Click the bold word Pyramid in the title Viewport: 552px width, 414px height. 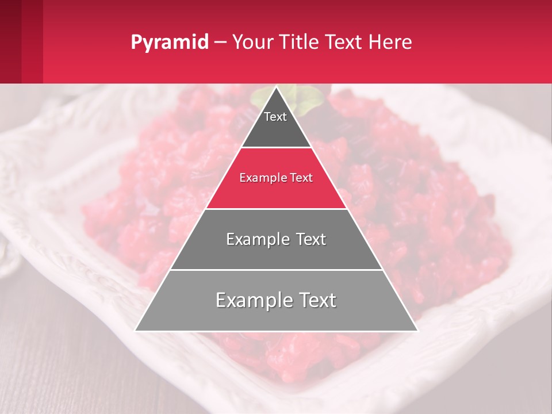pyautogui.click(x=170, y=43)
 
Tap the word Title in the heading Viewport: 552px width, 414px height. pyautogui.click(x=301, y=42)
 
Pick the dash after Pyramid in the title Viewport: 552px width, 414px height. pyautogui.click(x=220, y=43)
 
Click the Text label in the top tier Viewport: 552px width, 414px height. pyautogui.click(x=275, y=117)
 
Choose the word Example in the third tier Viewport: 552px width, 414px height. pyautogui.click(x=255, y=239)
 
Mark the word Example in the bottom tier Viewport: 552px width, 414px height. pyautogui.click(x=250, y=300)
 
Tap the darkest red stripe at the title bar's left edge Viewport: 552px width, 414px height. pyautogui.click(x=10, y=41)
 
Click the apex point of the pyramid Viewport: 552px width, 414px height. pyautogui.click(x=277, y=87)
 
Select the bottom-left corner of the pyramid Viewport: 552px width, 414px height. pyautogui.click(x=135, y=331)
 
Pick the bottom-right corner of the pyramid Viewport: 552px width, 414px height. pyautogui.click(x=417, y=331)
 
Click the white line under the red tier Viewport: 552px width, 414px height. pyautogui.click(x=277, y=209)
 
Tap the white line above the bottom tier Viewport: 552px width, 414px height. pyautogui.click(x=277, y=270)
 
